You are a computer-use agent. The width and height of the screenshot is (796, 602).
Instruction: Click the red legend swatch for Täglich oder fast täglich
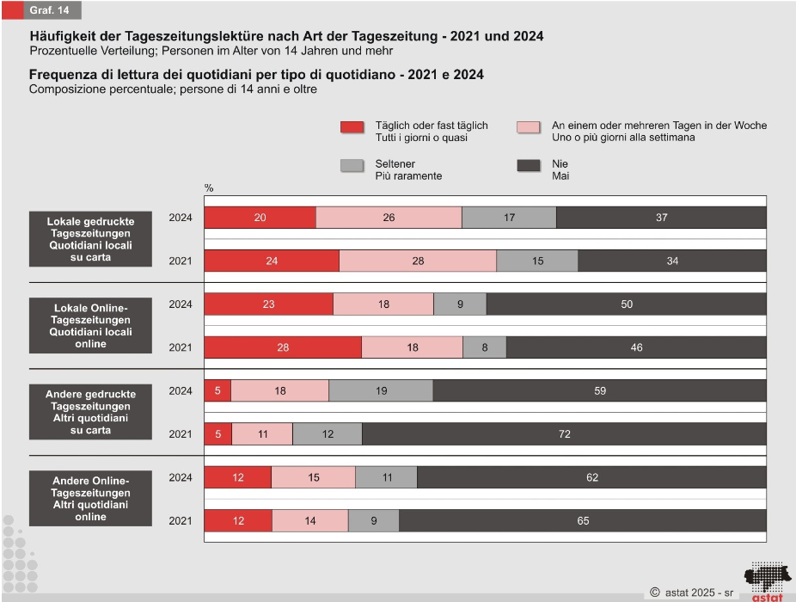pos(353,127)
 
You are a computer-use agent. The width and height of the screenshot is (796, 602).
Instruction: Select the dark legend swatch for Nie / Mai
pos(529,166)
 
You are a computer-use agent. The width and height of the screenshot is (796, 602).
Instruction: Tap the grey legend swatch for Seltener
pos(353,166)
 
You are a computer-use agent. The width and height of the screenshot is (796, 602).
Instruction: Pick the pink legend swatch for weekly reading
pos(529,127)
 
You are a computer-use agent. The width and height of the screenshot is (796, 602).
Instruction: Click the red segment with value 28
pos(283,347)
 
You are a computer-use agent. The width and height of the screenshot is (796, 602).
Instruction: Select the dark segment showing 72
pos(564,434)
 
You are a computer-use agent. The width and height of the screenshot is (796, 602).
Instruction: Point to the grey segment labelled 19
pos(381,390)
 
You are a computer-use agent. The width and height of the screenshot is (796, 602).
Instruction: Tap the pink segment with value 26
pos(389,218)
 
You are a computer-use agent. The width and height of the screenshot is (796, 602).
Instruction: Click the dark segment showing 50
pos(626,304)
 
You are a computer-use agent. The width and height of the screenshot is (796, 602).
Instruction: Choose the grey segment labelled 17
pos(509,218)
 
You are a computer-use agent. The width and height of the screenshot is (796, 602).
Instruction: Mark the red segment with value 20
pos(260,218)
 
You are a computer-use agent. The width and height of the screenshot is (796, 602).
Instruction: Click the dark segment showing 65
pos(583,520)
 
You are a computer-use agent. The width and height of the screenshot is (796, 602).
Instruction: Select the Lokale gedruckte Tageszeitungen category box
pos(90,239)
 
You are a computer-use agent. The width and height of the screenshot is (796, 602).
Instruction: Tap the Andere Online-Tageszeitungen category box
pos(90,498)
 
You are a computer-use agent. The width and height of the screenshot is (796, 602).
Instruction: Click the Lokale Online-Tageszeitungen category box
pos(90,326)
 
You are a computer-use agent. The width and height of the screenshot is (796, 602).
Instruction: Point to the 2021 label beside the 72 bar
pos(181,434)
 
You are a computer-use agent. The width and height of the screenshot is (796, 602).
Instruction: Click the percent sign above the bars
pos(208,187)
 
